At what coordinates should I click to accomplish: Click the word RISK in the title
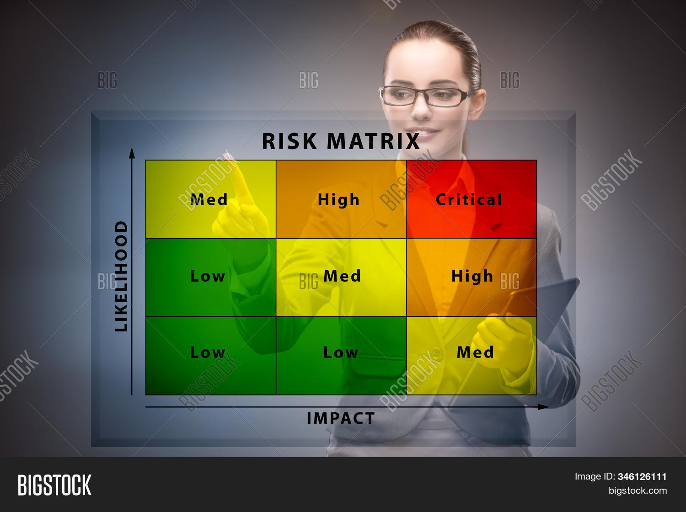pyautogui.click(x=289, y=141)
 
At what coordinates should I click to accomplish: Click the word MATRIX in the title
pyautogui.click(x=373, y=141)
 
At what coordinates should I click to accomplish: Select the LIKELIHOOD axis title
pyautogui.click(x=121, y=276)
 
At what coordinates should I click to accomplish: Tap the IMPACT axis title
pyautogui.click(x=341, y=418)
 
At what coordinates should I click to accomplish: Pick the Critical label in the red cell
pyautogui.click(x=469, y=200)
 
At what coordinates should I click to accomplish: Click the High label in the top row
pyautogui.click(x=338, y=200)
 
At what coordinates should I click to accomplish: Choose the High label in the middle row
pyautogui.click(x=472, y=277)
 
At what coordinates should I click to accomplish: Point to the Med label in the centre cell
pyautogui.click(x=342, y=276)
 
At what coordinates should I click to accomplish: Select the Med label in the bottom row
pyautogui.click(x=475, y=352)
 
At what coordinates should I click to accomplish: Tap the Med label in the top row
pyautogui.click(x=209, y=200)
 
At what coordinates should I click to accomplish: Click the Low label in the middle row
pyautogui.click(x=208, y=277)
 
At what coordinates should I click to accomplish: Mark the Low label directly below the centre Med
pyautogui.click(x=341, y=353)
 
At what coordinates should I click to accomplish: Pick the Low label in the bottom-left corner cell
pyautogui.click(x=208, y=353)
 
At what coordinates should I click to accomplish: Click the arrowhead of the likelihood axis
pyautogui.click(x=132, y=152)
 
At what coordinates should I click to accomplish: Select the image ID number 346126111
pyautogui.click(x=642, y=477)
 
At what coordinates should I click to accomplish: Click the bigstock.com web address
pyautogui.click(x=638, y=491)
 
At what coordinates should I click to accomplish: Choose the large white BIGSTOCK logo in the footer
pyautogui.click(x=54, y=485)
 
